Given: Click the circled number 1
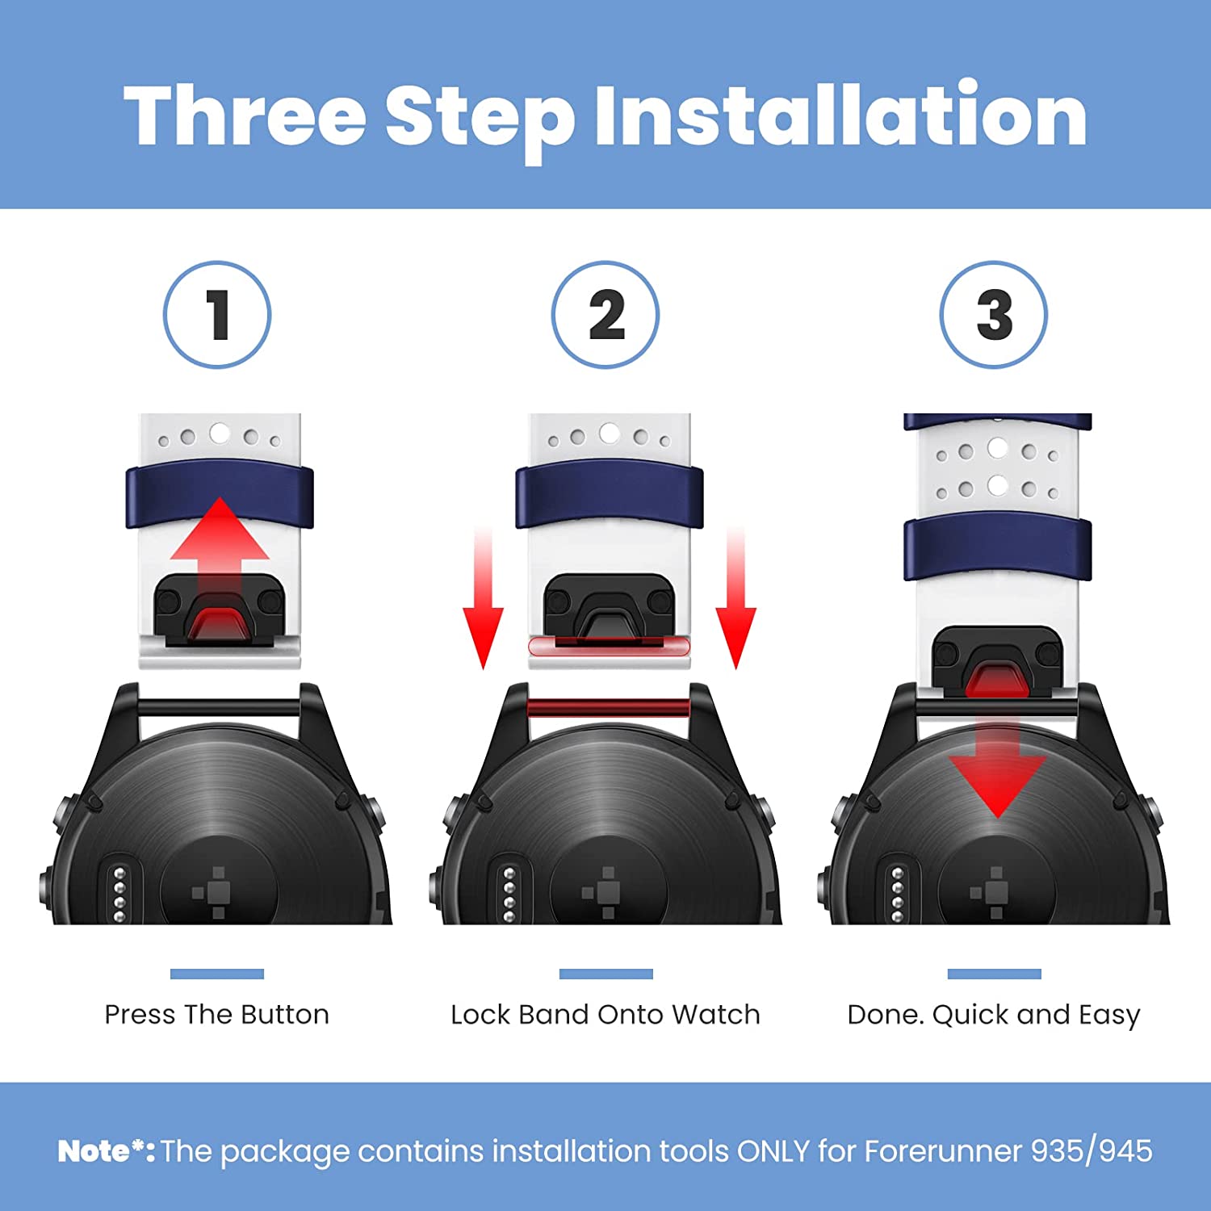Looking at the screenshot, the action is coord(217,315).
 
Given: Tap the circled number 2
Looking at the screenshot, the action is coord(605,315).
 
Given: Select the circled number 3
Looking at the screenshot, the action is coord(994,315).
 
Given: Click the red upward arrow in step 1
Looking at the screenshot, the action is coord(220,557).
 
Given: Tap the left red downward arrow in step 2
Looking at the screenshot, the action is coord(483,598).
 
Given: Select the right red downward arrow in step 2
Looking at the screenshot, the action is coord(735,598).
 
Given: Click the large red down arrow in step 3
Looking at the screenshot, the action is coord(997,763).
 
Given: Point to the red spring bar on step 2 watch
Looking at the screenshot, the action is coord(608,708).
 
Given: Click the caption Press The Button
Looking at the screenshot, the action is coord(217,1014).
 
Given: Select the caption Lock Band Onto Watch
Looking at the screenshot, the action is coord(605,1014).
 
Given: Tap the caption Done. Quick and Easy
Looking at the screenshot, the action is coord(994,1015).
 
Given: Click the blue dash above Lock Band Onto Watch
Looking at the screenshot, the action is coord(605,974).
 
